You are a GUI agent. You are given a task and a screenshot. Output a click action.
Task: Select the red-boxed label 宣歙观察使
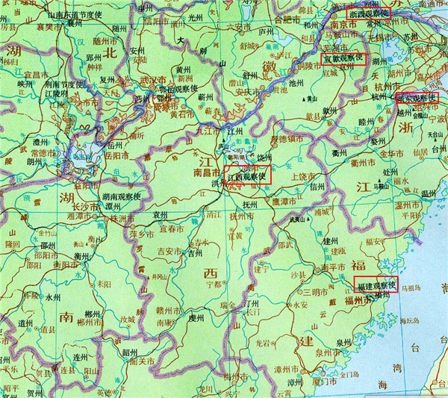[x=343, y=58]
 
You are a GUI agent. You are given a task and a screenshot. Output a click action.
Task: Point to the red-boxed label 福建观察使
[x=376, y=286]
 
